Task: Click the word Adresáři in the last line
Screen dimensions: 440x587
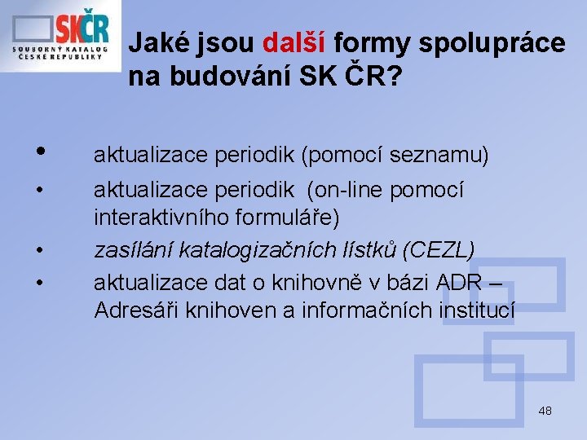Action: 134,310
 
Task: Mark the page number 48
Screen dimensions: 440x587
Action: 545,411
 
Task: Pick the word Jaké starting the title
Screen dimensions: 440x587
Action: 157,42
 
